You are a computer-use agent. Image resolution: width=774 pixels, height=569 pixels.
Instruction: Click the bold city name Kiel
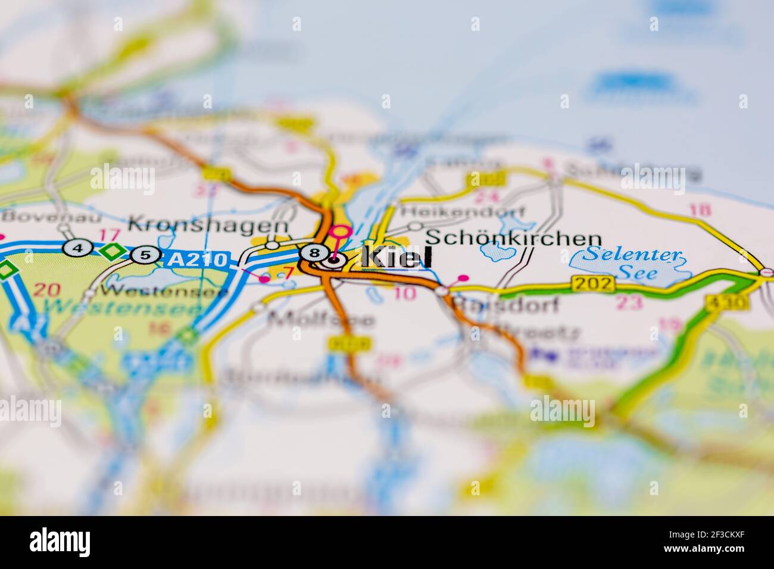(397, 258)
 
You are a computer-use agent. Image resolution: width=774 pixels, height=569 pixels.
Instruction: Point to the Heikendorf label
(464, 211)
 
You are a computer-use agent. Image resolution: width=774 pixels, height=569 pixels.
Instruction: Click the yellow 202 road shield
(592, 284)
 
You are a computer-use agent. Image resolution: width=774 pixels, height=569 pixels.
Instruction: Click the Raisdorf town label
(506, 305)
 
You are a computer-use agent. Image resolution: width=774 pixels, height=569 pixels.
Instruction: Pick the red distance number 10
(404, 292)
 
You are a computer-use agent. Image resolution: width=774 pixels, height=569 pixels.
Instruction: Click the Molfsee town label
(322, 320)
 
